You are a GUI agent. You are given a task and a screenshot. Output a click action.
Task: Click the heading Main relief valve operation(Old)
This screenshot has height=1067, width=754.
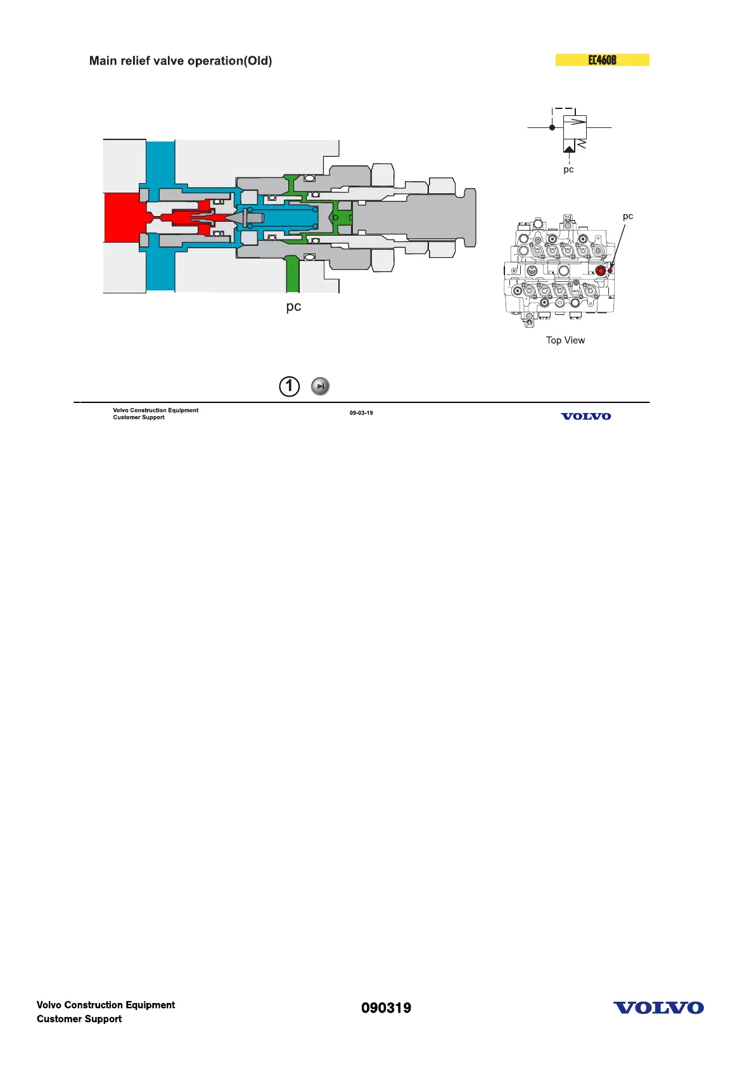click(x=181, y=61)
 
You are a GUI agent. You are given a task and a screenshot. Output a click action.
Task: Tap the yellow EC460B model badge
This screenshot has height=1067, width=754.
click(x=602, y=60)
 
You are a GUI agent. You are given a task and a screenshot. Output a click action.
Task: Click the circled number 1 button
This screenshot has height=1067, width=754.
click(x=289, y=386)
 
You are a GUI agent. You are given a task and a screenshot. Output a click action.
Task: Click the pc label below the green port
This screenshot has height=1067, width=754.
click(x=293, y=307)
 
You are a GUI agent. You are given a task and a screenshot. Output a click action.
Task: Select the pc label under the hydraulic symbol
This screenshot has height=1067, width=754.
click(x=568, y=169)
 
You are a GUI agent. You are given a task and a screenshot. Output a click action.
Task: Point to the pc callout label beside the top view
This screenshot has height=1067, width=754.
click(x=627, y=216)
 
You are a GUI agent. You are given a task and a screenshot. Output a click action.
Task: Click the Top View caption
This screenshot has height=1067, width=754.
click(x=565, y=340)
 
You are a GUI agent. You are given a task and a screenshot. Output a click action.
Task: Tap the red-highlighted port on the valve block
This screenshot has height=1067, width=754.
click(x=601, y=271)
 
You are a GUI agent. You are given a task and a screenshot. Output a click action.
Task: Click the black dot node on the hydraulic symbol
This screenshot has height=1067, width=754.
click(x=552, y=127)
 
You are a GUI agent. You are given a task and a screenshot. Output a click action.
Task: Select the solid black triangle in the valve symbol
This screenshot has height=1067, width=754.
click(x=569, y=149)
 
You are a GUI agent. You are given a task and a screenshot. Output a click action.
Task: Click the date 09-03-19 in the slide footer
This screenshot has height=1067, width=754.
click(x=361, y=413)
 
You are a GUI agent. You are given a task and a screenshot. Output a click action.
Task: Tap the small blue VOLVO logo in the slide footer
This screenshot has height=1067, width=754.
click(x=586, y=416)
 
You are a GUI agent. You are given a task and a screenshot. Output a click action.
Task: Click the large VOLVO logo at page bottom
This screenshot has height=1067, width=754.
click(x=658, y=1007)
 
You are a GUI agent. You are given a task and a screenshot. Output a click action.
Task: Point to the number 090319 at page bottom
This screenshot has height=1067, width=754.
click(x=386, y=1008)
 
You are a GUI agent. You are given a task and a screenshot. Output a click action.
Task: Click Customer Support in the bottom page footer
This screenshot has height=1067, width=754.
click(x=79, y=1019)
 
